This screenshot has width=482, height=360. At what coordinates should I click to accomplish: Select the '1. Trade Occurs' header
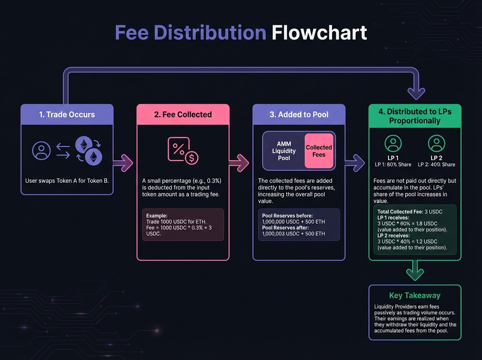(x=67, y=115)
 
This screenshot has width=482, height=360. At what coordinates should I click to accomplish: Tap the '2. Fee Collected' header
(x=183, y=115)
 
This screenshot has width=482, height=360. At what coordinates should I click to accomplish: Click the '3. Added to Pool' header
(x=299, y=115)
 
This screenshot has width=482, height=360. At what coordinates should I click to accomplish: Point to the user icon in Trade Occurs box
(x=41, y=151)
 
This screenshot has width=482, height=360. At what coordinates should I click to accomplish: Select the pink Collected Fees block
(x=319, y=151)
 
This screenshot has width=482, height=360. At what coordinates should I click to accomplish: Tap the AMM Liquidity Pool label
(x=284, y=151)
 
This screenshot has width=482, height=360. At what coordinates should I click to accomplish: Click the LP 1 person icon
(x=393, y=143)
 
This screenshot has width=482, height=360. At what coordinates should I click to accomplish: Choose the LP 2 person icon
(x=436, y=143)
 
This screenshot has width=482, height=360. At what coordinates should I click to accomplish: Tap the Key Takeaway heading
(x=415, y=296)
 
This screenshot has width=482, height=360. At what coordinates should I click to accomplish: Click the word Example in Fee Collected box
(x=155, y=216)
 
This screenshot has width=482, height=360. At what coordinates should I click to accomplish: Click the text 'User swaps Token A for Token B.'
(x=67, y=181)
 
